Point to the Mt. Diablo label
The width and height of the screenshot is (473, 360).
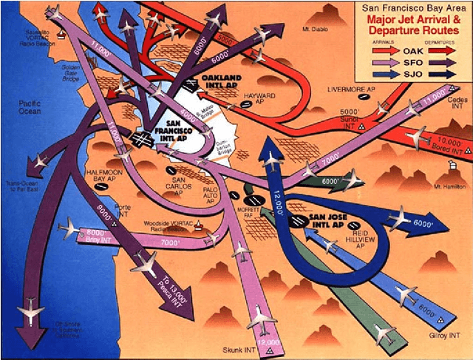coord(317,30)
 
